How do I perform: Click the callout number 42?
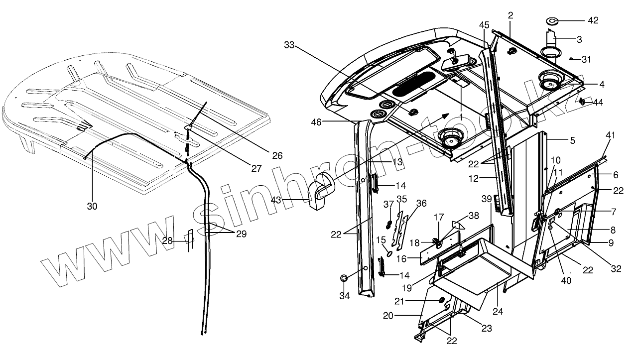593,20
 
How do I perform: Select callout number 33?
289,45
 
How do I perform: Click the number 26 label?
277,156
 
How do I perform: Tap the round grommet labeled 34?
344,278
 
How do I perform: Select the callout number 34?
345,296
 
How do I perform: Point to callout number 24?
498,312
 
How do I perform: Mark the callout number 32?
616,268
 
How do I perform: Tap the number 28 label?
168,241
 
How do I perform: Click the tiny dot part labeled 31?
572,59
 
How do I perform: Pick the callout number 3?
579,38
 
